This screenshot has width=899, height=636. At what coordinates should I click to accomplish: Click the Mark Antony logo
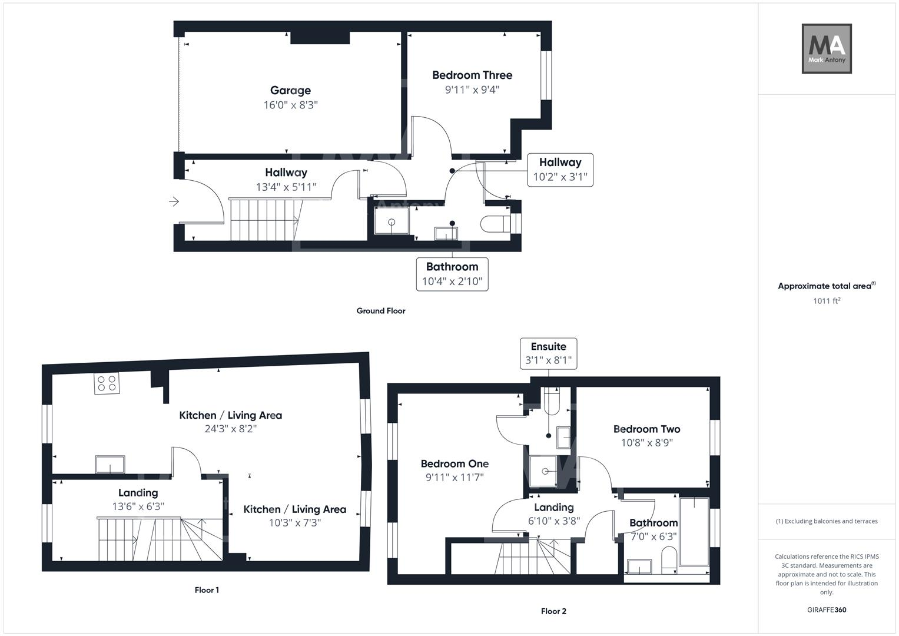(827, 49)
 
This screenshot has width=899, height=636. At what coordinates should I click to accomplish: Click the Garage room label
(290, 90)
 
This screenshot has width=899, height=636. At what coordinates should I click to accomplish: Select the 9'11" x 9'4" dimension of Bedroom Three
(472, 90)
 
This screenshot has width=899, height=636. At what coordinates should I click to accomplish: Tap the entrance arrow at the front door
(174, 202)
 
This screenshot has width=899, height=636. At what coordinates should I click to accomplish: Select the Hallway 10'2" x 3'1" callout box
(560, 170)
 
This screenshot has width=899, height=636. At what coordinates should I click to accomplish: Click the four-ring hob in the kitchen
(107, 383)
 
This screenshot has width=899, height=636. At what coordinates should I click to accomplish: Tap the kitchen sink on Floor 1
(110, 465)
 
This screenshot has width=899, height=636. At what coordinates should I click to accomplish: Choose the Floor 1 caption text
(207, 590)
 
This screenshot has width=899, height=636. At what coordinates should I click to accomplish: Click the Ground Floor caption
(381, 311)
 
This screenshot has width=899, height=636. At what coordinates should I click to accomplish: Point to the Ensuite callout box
(548, 353)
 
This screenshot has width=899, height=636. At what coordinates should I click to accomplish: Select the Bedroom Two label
(646, 429)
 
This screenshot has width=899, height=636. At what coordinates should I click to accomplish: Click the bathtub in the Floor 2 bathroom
(694, 532)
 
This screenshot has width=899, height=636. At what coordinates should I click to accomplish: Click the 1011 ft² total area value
(827, 301)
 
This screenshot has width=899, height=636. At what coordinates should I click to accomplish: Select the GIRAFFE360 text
(827, 610)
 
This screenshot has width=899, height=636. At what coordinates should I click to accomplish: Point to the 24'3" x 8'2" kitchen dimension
(231, 429)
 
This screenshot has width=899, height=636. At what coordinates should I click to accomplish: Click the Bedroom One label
(455, 464)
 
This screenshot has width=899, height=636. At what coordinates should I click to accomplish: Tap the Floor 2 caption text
(553, 611)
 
